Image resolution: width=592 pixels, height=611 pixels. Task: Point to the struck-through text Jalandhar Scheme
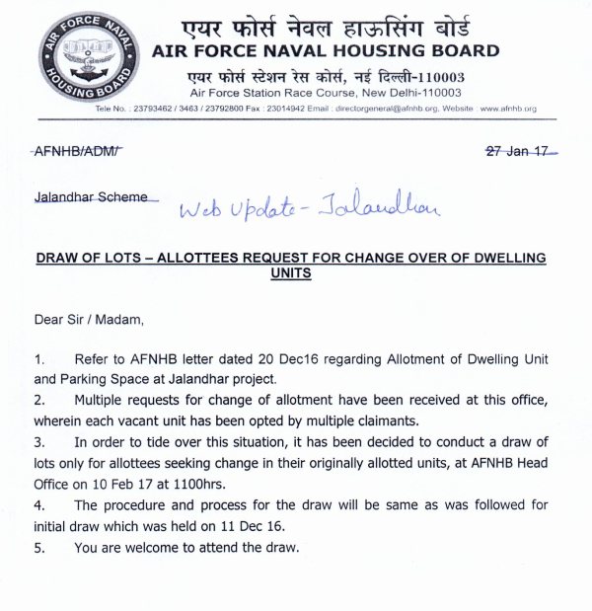pyautogui.click(x=90, y=196)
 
